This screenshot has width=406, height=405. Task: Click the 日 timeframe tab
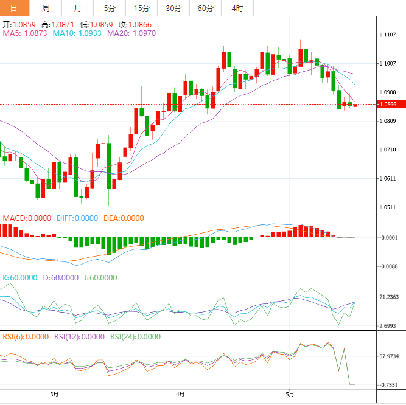[x=14, y=8]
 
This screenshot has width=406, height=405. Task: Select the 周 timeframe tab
[x=46, y=8]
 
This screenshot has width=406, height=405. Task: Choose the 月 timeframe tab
[x=77, y=8]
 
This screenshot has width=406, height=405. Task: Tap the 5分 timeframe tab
[x=109, y=8]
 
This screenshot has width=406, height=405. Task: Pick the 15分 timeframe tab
[x=141, y=8]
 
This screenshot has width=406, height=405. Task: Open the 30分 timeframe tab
[x=173, y=8]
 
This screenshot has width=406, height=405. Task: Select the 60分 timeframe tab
[x=206, y=8]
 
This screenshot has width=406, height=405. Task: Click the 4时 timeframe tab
[x=237, y=8]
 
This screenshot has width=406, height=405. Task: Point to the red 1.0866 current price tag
[x=389, y=105]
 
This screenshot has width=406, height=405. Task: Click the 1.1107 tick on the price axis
[x=389, y=35]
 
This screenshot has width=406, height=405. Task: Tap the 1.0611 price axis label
[x=389, y=178]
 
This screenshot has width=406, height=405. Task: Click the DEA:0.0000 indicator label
[x=124, y=218]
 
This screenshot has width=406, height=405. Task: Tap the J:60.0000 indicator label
[x=99, y=277]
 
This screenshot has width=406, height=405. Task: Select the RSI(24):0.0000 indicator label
[x=135, y=336]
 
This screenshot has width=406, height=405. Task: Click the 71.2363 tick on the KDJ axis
[x=389, y=297]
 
